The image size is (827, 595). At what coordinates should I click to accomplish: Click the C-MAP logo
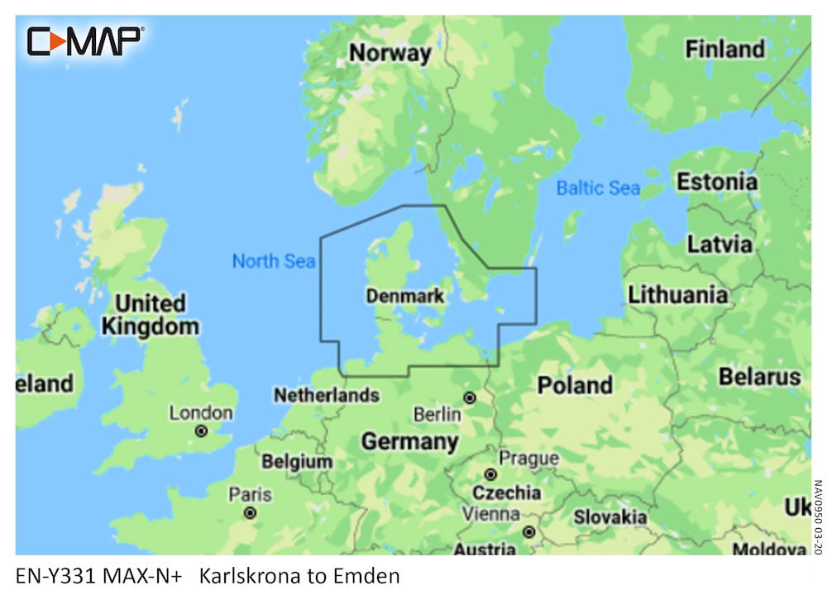click(85, 40)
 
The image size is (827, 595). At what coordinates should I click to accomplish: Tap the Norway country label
click(390, 54)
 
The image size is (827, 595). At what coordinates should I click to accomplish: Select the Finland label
click(724, 50)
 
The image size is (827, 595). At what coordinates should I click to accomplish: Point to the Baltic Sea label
click(598, 188)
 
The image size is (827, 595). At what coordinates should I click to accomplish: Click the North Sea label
click(273, 262)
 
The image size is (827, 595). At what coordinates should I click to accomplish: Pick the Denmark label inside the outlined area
click(404, 296)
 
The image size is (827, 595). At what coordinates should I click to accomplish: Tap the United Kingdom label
click(150, 315)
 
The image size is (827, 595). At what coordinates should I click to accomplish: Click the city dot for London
click(200, 431)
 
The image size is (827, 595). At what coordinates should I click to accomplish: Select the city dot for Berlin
click(470, 398)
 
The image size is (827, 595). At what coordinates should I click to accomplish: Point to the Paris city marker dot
click(250, 513)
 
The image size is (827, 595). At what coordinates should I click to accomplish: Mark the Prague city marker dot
click(490, 474)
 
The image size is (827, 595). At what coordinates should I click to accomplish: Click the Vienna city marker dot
click(528, 532)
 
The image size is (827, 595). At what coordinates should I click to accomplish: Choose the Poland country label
click(575, 385)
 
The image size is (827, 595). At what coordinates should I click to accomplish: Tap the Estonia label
click(716, 182)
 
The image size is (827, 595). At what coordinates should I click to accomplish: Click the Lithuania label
click(678, 295)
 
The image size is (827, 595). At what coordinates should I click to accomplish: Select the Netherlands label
click(326, 396)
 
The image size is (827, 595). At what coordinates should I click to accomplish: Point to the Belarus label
click(759, 378)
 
